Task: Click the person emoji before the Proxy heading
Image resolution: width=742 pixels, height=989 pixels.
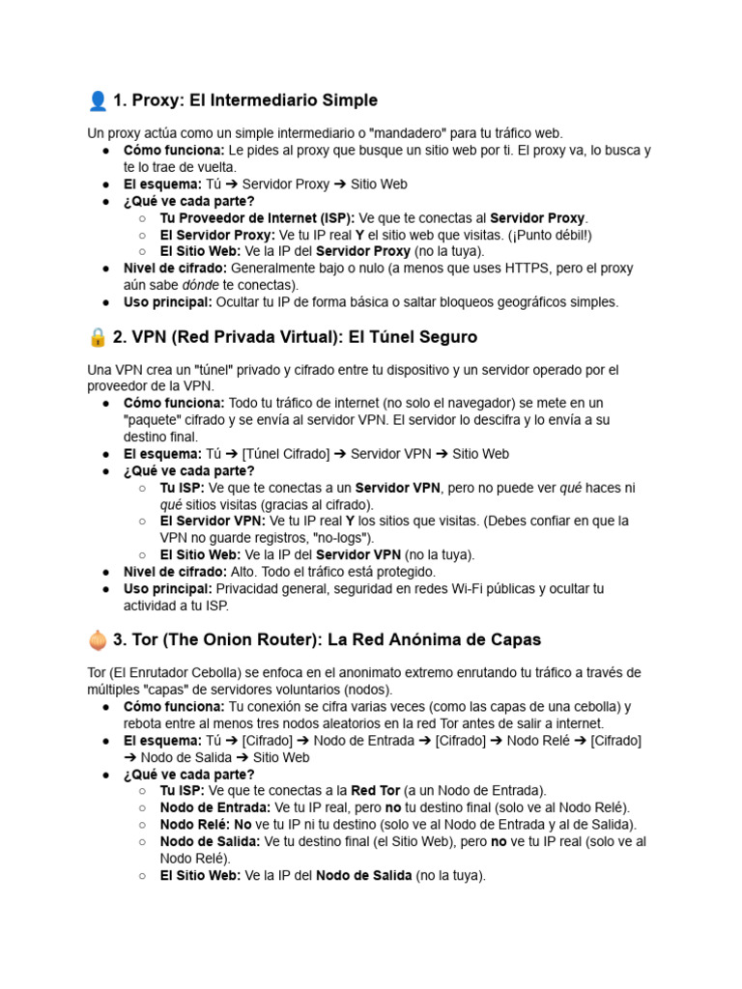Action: [x=98, y=100]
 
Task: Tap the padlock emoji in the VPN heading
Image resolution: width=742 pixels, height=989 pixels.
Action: [x=98, y=337]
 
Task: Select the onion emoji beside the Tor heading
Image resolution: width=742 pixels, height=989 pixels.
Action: [x=98, y=639]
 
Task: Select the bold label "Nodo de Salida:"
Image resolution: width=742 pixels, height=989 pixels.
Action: [x=209, y=842]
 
